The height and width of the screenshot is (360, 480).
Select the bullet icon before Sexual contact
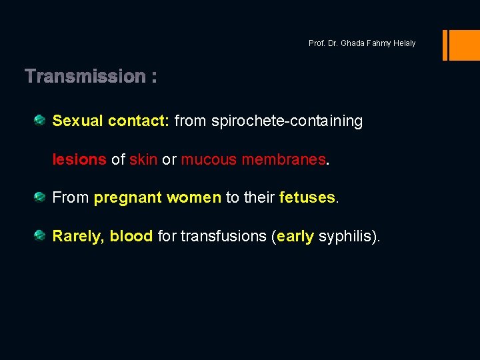click(x=40, y=120)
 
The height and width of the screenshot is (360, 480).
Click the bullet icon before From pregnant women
click(x=40, y=197)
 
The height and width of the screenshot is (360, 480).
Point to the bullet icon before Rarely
click(x=40, y=235)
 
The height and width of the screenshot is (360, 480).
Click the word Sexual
click(x=78, y=121)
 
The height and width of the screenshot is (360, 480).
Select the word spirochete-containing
click(x=287, y=121)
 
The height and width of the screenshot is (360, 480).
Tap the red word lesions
click(x=79, y=159)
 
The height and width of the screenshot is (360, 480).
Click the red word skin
click(x=143, y=159)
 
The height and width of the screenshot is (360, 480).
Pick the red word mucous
click(x=209, y=159)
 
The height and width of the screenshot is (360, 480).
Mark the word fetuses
click(x=307, y=198)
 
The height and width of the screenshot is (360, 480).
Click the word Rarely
click(x=77, y=237)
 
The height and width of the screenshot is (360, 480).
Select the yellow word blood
click(x=131, y=237)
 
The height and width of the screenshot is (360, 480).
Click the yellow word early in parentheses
click(x=295, y=237)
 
